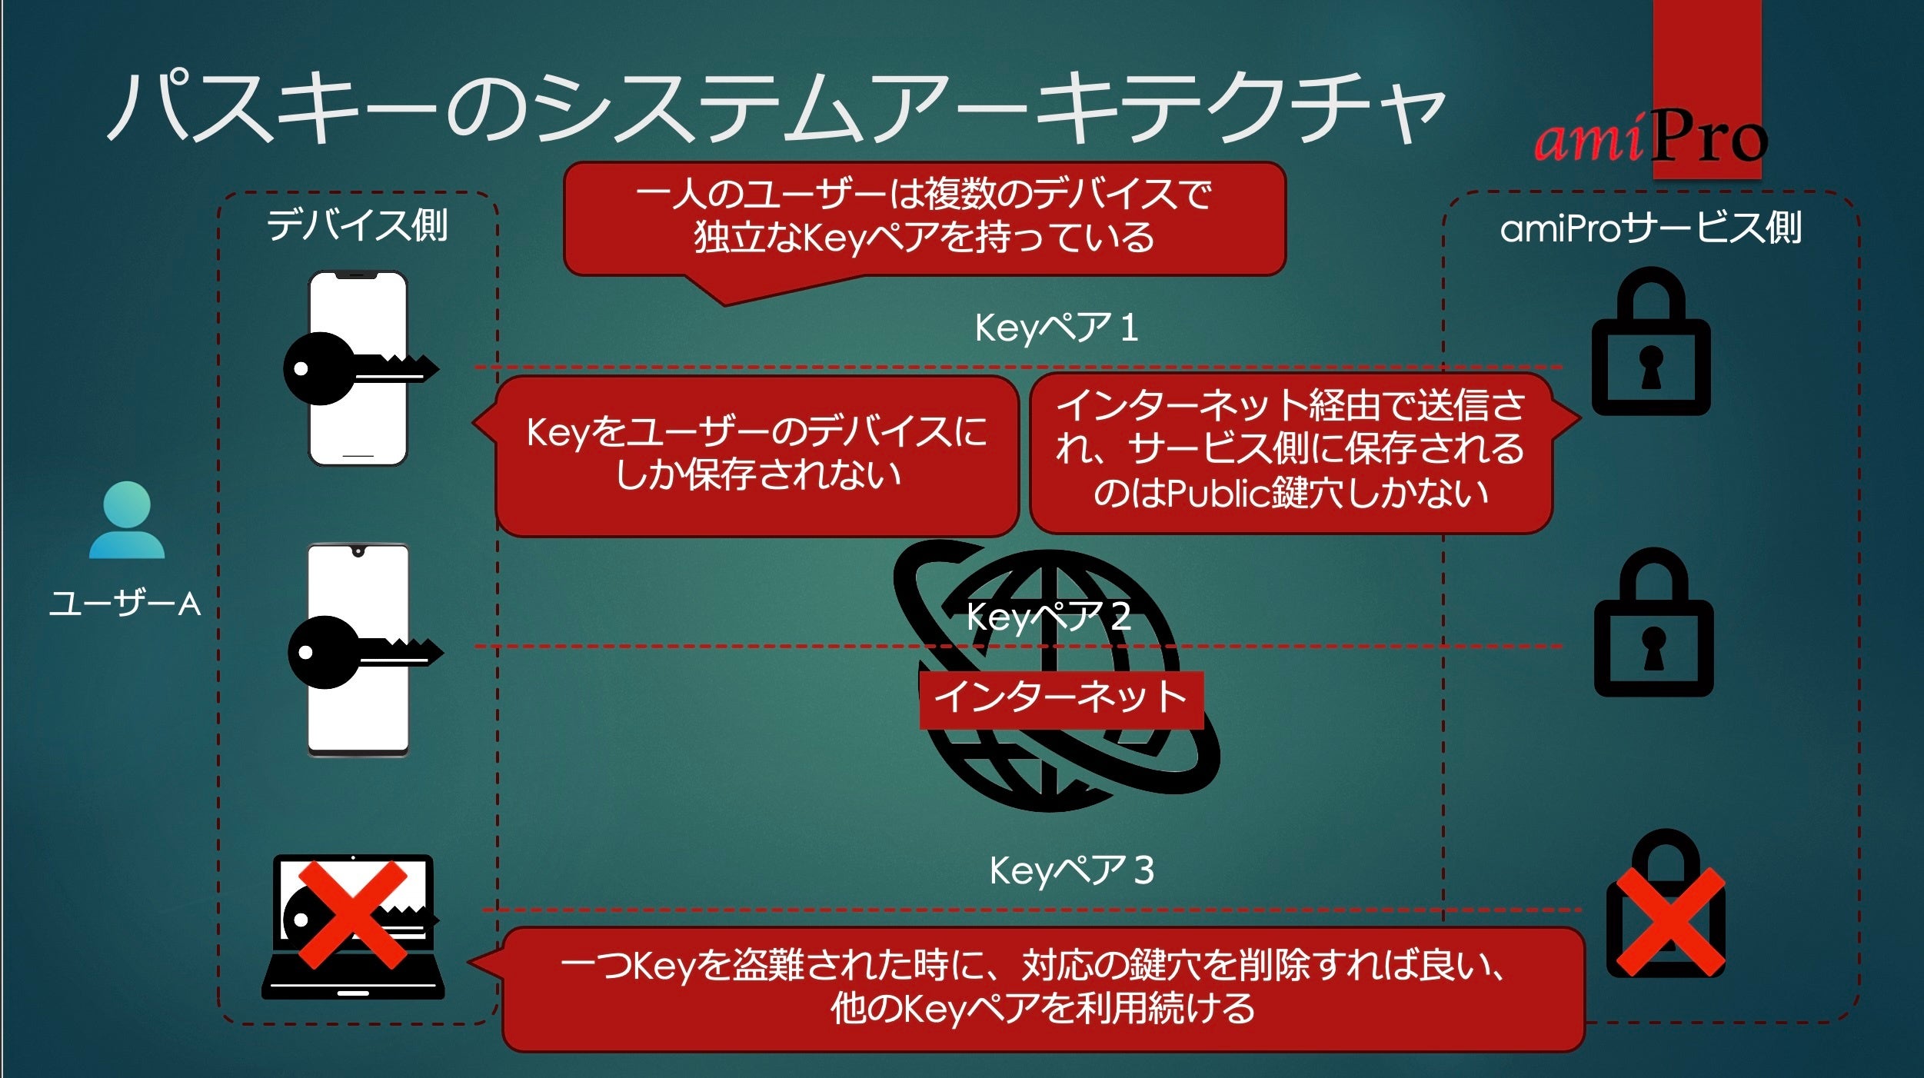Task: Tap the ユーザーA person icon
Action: [x=127, y=521]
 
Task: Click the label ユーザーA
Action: [x=125, y=604]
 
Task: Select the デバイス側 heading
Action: [x=358, y=226]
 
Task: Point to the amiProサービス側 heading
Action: [x=1650, y=228]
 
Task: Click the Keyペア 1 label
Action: [x=1056, y=328]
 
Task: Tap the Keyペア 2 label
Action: [x=1048, y=617]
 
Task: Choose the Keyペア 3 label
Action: [x=1071, y=871]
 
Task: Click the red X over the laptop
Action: [x=353, y=913]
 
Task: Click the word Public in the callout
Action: [x=1218, y=494]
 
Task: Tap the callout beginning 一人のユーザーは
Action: [x=924, y=217]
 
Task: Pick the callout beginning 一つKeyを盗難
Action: [x=1042, y=988]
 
